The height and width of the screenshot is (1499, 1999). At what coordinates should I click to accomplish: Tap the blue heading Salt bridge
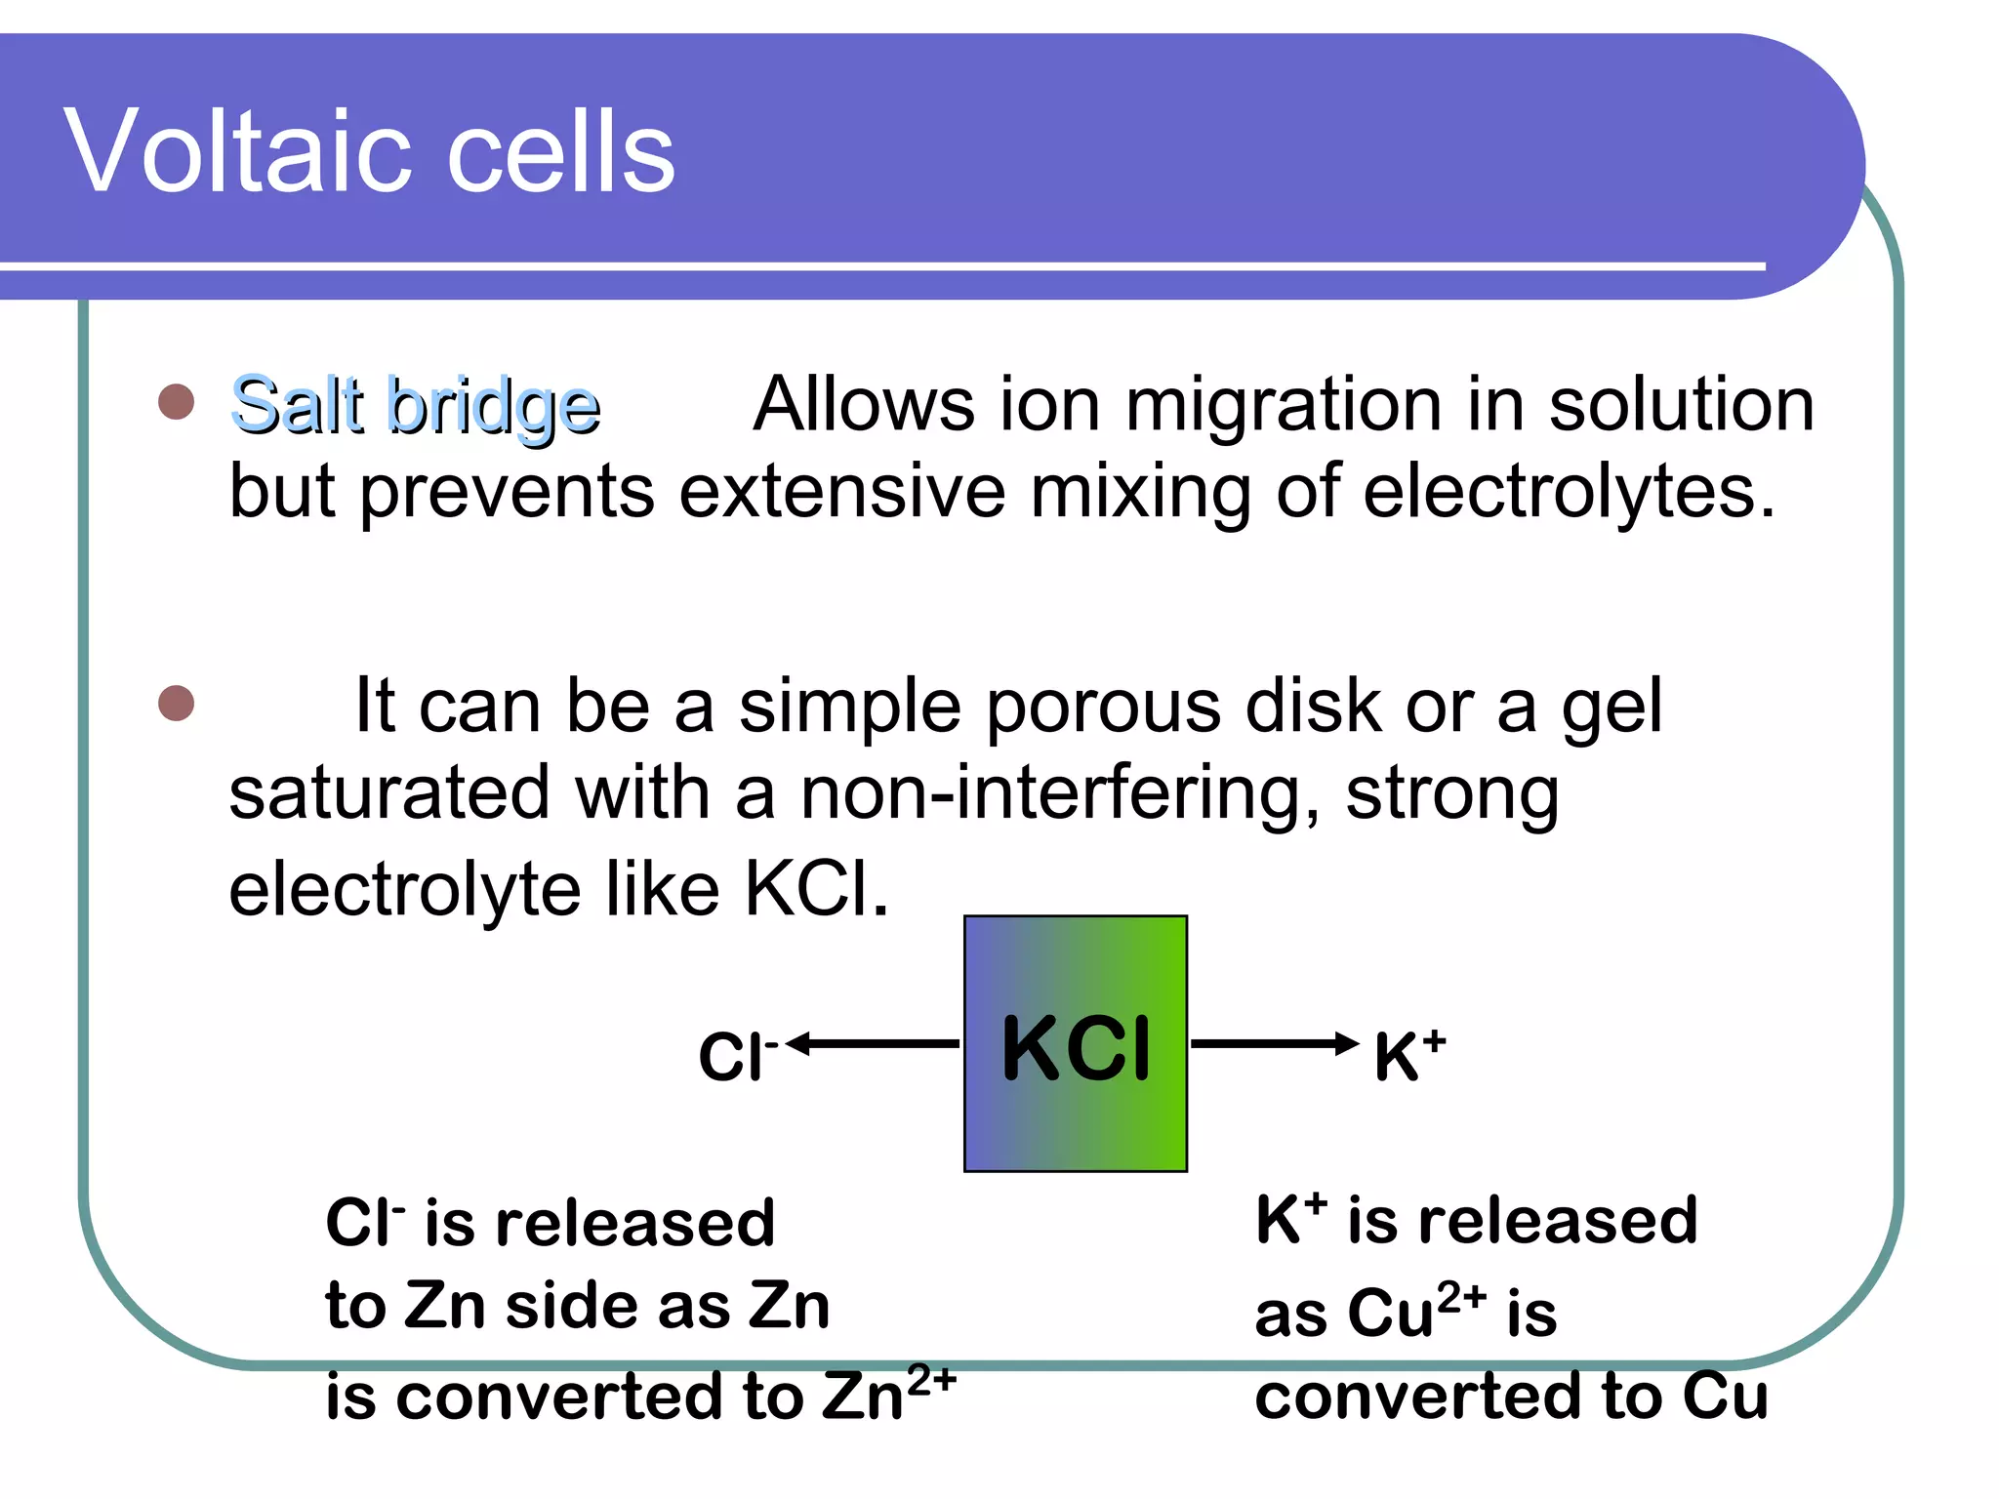(x=415, y=405)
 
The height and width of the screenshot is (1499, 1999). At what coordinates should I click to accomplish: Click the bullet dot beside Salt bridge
(x=176, y=401)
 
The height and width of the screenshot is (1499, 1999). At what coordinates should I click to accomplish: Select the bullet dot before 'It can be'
(x=176, y=703)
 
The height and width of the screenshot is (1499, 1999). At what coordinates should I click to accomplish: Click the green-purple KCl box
(x=1075, y=1043)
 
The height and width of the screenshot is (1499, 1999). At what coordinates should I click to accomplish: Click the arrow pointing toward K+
(x=1274, y=1044)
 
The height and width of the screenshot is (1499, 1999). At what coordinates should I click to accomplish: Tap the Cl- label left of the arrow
(x=737, y=1056)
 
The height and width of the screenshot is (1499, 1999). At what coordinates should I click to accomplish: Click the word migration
(x=1285, y=405)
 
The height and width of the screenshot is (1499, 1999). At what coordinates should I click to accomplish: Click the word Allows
(x=864, y=405)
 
